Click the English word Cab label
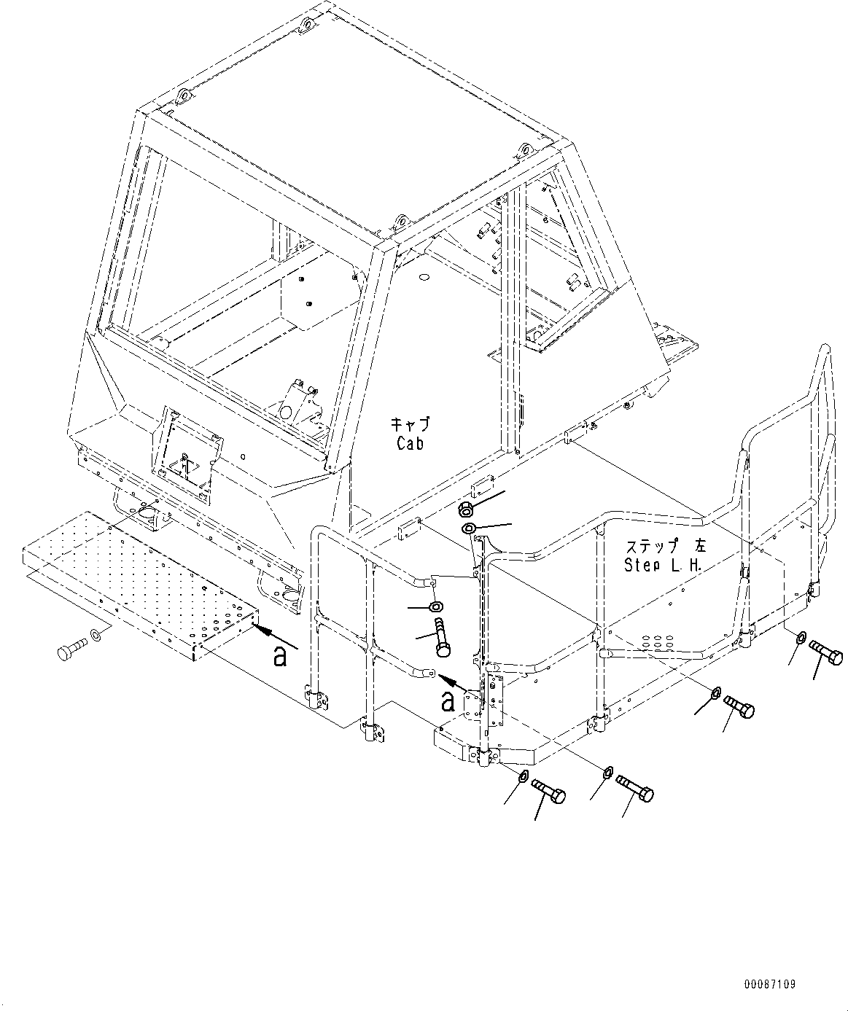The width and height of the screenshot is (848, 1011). [x=411, y=442]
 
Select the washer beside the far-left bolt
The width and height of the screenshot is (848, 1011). [x=96, y=638]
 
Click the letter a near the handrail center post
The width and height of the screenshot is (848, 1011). [x=450, y=701]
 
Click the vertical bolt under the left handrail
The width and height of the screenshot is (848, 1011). [x=443, y=637]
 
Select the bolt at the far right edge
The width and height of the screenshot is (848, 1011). [x=825, y=653]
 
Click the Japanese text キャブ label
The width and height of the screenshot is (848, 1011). [x=410, y=423]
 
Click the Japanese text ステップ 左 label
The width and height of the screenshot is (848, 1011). [x=654, y=546]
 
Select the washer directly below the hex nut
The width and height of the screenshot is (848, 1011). [x=469, y=527]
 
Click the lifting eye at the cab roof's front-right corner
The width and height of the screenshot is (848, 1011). [x=522, y=151]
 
